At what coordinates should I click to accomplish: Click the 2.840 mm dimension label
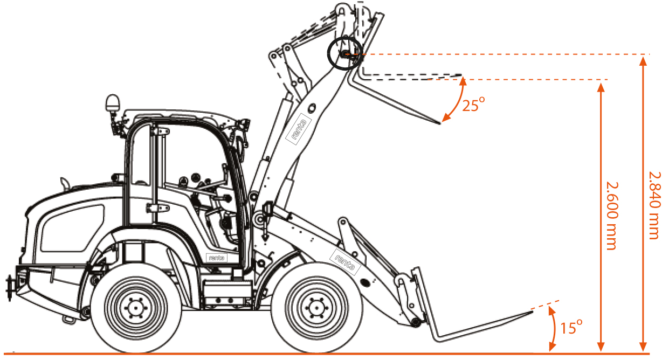pos(654,205)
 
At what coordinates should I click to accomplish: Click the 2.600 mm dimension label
pos(612,216)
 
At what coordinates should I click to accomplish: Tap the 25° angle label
pos(473,105)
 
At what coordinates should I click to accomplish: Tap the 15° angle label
pos(571,327)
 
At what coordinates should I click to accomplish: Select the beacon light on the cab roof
pos(113,103)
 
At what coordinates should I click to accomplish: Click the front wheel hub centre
pos(317,308)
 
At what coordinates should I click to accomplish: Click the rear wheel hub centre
pos(136,308)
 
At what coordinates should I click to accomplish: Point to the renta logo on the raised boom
pos(299,129)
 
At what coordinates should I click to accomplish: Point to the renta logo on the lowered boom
pos(345,262)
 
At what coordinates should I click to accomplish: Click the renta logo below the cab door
pos(217,258)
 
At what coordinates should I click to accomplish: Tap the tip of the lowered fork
pos(532,311)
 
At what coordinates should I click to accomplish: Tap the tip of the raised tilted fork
pos(439,123)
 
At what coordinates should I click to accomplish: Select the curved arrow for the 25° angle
pos(457,100)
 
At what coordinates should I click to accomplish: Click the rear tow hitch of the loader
pos(10,287)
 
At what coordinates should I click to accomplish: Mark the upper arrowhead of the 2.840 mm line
pos(643,60)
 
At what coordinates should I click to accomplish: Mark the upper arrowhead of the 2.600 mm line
pos(601,87)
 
